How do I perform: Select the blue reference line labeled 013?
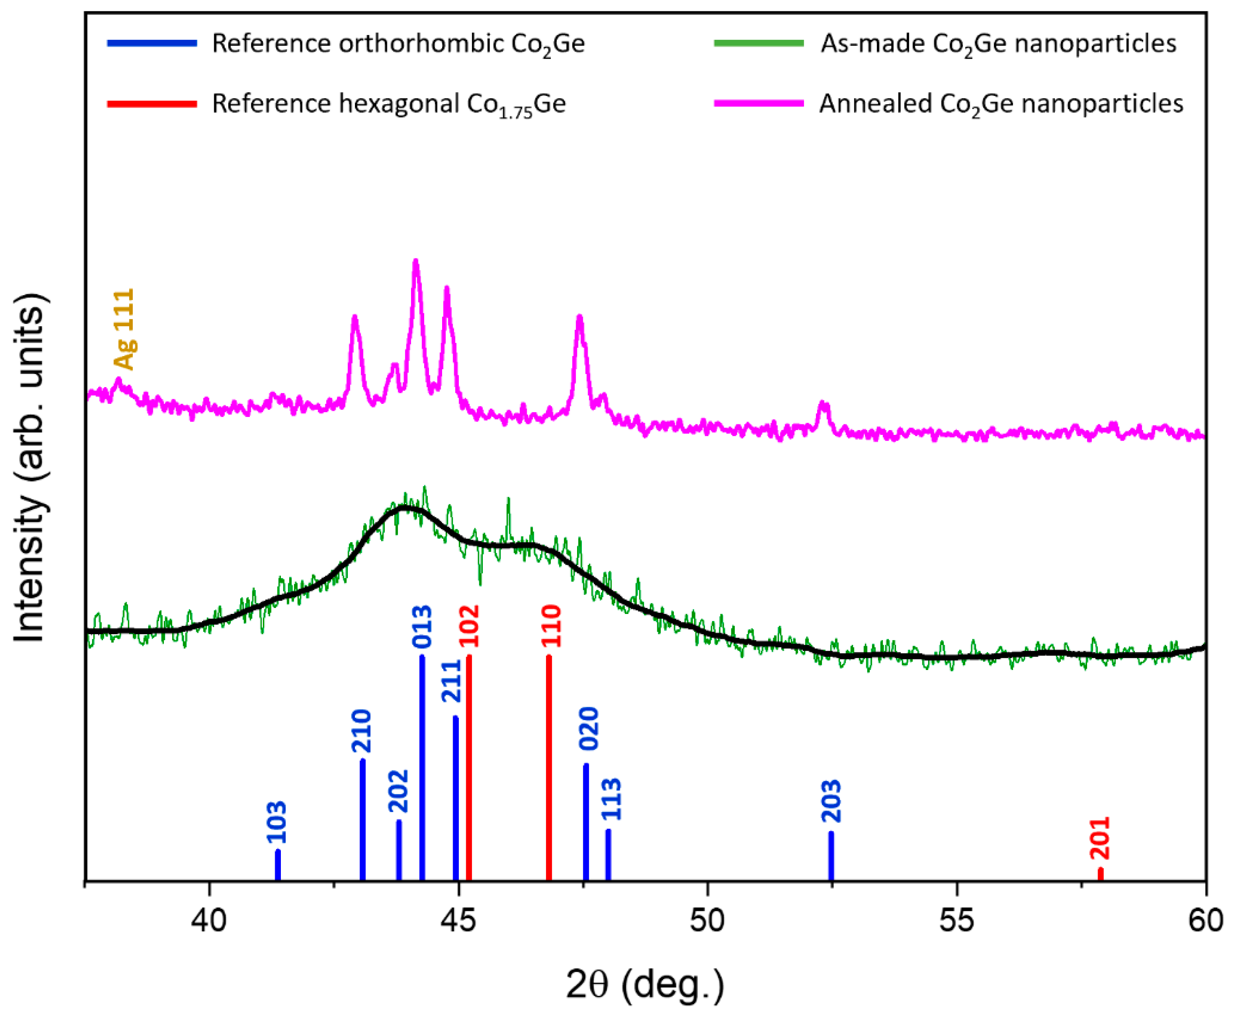pyautogui.click(x=422, y=767)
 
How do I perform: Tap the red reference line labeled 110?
pyautogui.click(x=549, y=767)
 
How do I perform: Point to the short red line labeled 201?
pyautogui.click(x=1101, y=873)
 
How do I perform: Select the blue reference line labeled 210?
pyautogui.click(x=362, y=819)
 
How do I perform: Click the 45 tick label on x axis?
pyautogui.click(x=458, y=920)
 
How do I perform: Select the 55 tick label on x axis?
pyautogui.click(x=957, y=920)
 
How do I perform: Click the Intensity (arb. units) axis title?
pyautogui.click(x=29, y=468)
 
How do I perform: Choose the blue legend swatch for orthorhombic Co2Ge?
pyautogui.click(x=152, y=43)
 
